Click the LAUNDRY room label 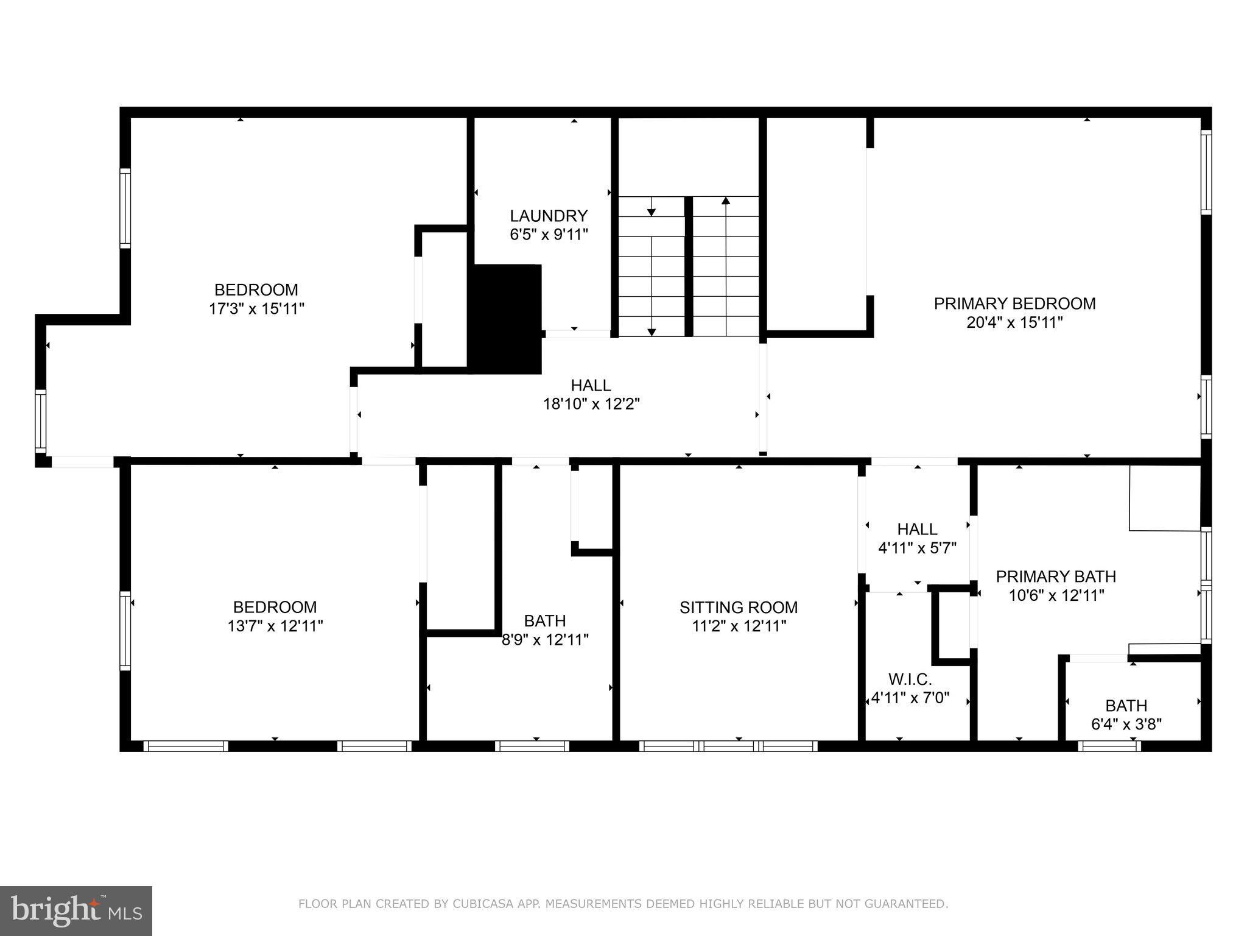click(x=549, y=216)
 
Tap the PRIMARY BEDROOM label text click(x=1014, y=303)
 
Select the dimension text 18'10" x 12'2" click(x=591, y=404)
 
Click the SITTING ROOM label click(x=739, y=607)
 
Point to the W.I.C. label click(x=910, y=679)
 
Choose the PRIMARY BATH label click(x=1056, y=576)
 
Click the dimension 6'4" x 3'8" click(x=1126, y=725)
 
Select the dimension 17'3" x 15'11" click(x=256, y=309)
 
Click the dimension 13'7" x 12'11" click(x=275, y=626)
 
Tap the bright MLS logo click(x=76, y=910)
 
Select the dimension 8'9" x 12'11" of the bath click(x=545, y=640)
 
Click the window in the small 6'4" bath click(x=1109, y=746)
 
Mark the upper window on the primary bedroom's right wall click(x=1206, y=172)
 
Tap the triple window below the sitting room click(x=728, y=746)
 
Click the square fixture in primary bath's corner click(x=1164, y=498)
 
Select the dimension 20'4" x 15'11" click(x=1014, y=322)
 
